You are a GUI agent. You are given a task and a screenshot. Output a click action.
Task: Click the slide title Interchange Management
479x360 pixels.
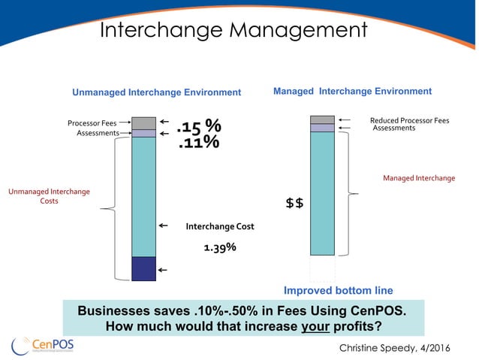click(233, 30)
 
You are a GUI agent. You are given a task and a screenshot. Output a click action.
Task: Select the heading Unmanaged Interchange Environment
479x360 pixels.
click(156, 92)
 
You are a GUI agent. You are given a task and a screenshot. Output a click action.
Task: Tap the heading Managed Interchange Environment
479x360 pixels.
click(352, 91)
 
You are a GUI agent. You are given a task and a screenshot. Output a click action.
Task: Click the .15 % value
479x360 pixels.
click(198, 125)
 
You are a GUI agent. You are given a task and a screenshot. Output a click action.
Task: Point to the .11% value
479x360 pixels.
click(198, 141)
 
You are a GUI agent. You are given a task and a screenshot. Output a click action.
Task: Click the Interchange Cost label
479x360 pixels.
click(220, 225)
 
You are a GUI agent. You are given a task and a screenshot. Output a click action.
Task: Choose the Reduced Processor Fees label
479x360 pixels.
click(409, 119)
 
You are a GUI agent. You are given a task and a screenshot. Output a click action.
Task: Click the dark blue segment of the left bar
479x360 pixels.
click(143, 268)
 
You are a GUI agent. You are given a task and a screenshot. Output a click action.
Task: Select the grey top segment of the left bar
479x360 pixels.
click(143, 123)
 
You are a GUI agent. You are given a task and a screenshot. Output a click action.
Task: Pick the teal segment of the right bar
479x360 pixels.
click(322, 193)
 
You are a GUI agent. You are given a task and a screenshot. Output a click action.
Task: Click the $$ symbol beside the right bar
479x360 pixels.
click(294, 203)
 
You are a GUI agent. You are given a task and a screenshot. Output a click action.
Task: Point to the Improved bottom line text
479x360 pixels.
click(338, 290)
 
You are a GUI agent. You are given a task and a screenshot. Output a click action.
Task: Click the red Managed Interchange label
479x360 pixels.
click(419, 178)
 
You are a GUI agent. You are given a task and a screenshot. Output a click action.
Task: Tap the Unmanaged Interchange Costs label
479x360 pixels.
click(49, 196)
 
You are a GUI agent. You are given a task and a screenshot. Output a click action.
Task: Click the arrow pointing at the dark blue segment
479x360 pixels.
click(163, 269)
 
